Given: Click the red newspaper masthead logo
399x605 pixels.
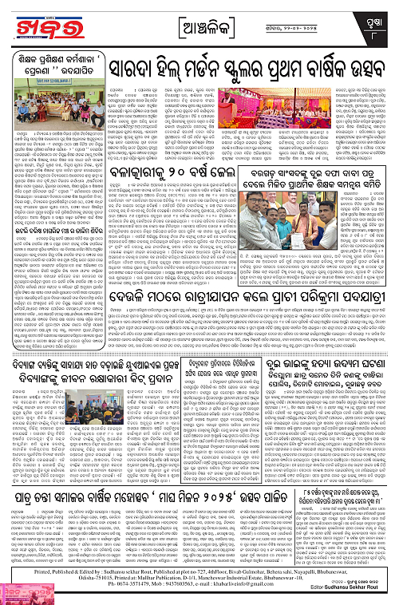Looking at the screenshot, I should tap(51, 24).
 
